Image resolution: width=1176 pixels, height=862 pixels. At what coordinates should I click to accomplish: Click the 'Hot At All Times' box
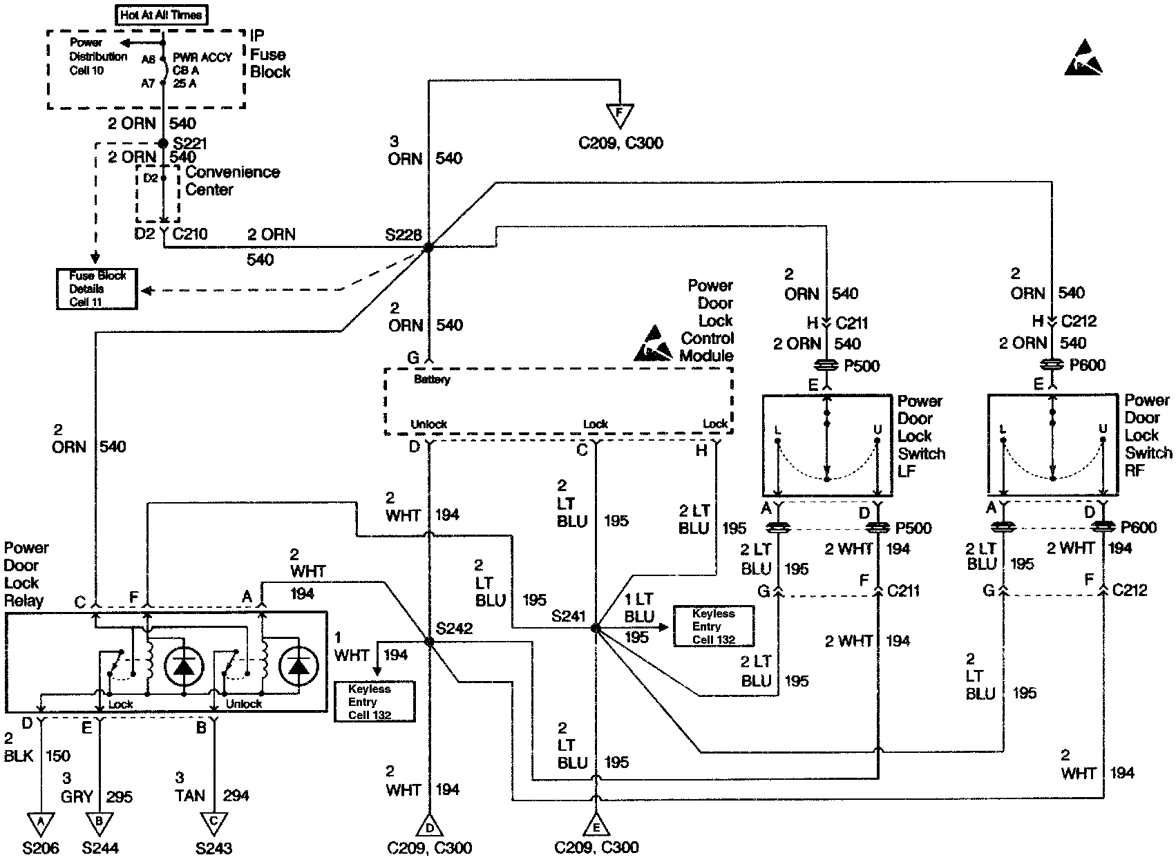[161, 15]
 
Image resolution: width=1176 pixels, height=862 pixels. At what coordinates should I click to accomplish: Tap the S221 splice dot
[163, 143]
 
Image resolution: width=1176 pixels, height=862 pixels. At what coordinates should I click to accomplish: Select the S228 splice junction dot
[428, 247]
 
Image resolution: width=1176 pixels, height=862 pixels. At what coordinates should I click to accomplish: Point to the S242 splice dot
[429, 642]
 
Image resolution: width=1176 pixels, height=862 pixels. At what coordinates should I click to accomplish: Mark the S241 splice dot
[596, 627]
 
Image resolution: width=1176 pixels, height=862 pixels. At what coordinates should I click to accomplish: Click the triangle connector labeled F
[620, 115]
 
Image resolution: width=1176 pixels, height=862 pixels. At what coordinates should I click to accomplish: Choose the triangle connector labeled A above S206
[41, 824]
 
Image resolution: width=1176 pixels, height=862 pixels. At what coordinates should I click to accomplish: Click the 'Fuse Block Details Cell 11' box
[97, 289]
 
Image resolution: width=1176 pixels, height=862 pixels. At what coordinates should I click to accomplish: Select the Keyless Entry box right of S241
[714, 626]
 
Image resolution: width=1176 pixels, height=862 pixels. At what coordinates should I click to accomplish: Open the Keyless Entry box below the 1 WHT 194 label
[375, 701]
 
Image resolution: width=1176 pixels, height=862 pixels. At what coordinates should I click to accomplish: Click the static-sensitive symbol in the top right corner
[1083, 57]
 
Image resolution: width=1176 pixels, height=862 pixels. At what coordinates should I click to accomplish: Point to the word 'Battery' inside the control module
[432, 380]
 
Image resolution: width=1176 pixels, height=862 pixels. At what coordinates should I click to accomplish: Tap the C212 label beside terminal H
[1079, 320]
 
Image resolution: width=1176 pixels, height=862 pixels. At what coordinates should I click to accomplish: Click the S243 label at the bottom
[214, 848]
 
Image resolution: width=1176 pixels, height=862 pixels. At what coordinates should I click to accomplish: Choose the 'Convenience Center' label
[233, 180]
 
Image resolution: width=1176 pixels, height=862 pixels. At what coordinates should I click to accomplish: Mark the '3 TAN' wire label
[189, 787]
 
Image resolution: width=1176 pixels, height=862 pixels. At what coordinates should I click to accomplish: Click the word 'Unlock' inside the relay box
[244, 704]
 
